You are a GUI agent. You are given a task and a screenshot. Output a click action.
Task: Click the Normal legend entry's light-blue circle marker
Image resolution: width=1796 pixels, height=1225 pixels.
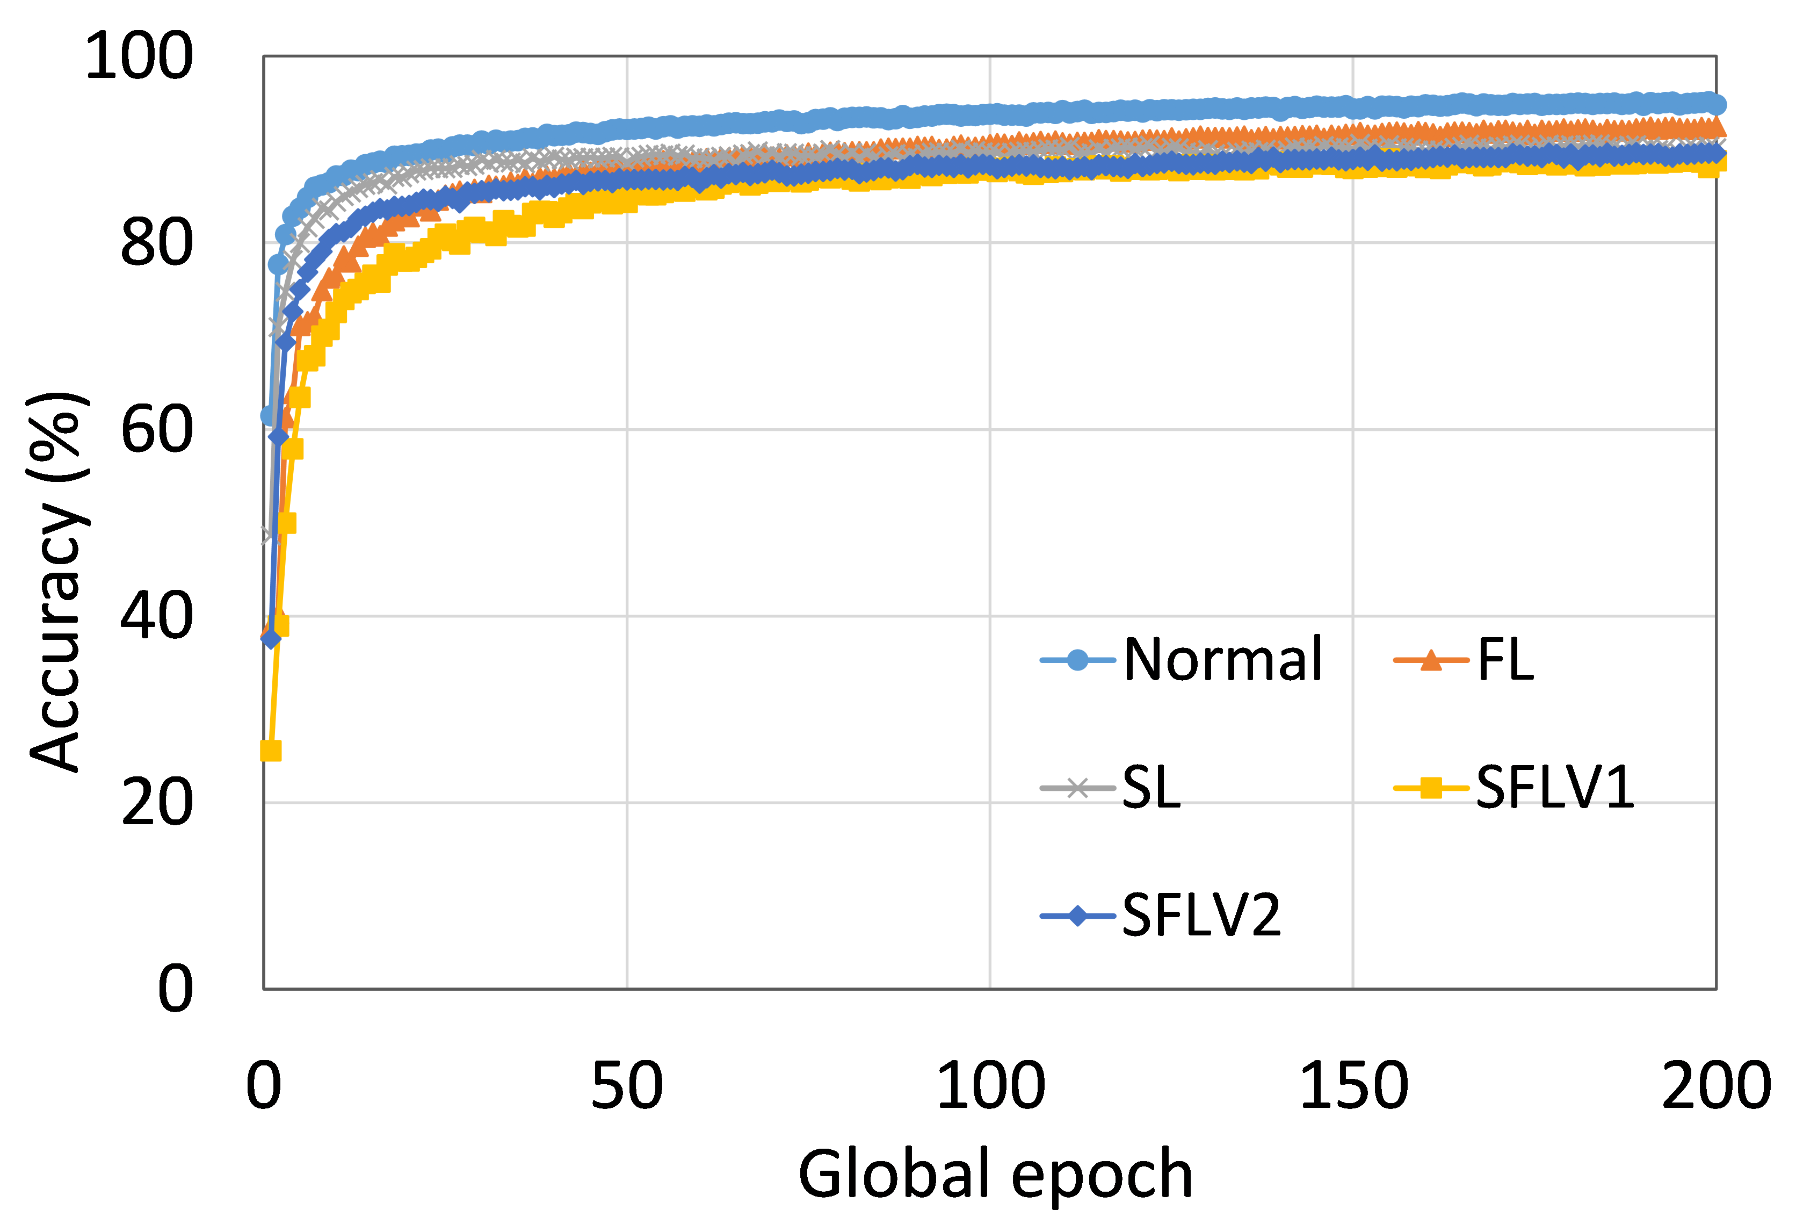(1077, 660)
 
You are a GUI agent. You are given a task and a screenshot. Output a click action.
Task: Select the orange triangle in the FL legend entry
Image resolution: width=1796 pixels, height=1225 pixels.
(1430, 660)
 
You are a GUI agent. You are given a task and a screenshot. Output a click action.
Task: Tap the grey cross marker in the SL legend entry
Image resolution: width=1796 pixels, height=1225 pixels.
(1077, 788)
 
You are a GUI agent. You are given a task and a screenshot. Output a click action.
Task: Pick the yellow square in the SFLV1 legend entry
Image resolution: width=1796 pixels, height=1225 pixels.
(1430, 788)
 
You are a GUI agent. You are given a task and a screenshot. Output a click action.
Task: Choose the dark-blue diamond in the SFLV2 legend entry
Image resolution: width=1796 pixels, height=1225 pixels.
(1077, 916)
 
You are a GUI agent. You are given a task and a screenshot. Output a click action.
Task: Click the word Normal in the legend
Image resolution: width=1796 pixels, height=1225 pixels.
(1222, 660)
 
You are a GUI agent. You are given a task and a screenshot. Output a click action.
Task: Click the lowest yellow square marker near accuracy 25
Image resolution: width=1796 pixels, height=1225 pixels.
(271, 751)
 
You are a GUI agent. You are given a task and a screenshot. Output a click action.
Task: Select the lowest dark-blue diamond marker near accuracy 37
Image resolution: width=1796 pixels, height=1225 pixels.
(271, 638)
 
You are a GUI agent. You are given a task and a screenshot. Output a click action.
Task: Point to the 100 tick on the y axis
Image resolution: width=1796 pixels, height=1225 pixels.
(139, 56)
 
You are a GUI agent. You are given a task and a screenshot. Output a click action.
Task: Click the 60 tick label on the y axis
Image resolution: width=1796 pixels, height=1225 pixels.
(157, 429)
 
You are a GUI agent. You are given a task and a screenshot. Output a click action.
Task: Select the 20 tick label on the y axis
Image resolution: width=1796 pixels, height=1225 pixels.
(157, 802)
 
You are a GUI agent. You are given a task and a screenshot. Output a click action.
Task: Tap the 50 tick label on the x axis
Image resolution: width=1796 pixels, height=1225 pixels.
(627, 1085)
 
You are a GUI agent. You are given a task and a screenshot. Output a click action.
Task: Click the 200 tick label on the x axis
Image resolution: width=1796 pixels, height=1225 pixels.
(1715, 1085)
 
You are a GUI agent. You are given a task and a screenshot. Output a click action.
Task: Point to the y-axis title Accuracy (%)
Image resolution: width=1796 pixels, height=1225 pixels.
(60, 580)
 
